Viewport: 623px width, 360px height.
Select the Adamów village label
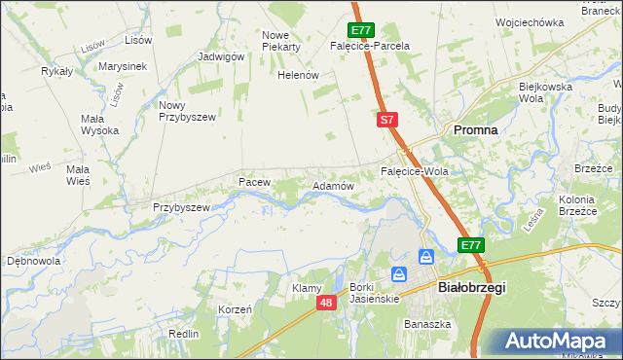click(x=331, y=185)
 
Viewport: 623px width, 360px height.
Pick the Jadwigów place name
click(x=220, y=56)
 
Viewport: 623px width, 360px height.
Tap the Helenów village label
click(x=299, y=75)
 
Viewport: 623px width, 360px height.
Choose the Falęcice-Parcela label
click(x=369, y=46)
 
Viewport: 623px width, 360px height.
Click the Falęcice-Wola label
click(x=414, y=171)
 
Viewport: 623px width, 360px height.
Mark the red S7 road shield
click(x=387, y=120)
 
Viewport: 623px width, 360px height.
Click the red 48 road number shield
click(x=326, y=304)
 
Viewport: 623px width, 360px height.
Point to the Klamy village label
click(x=308, y=288)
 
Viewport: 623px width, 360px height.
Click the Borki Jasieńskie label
click(x=375, y=293)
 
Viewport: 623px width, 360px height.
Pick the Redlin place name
click(x=183, y=333)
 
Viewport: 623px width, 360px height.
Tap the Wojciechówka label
click(x=530, y=21)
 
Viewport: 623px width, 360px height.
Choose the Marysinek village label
click(x=122, y=66)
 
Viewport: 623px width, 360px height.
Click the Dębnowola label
click(x=34, y=261)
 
